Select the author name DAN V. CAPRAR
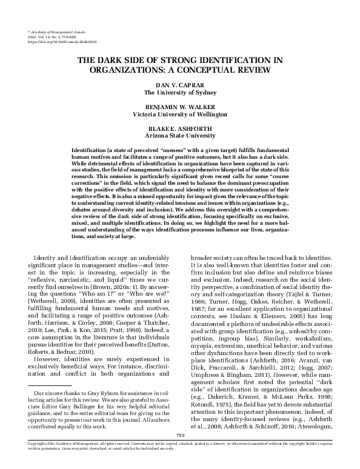(x=180, y=87)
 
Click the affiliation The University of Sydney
(x=180, y=93)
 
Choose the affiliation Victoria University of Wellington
(x=180, y=113)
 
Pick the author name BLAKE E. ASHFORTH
(x=180, y=127)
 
